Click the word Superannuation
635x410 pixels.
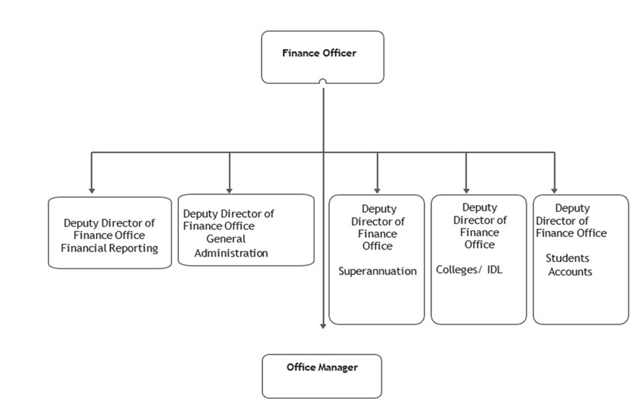377,271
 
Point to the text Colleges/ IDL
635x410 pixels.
469,270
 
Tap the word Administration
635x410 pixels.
231,253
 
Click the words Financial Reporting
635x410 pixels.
110,248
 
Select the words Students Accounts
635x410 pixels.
569,265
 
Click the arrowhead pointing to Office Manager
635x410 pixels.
324,326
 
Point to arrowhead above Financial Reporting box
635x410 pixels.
91,190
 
